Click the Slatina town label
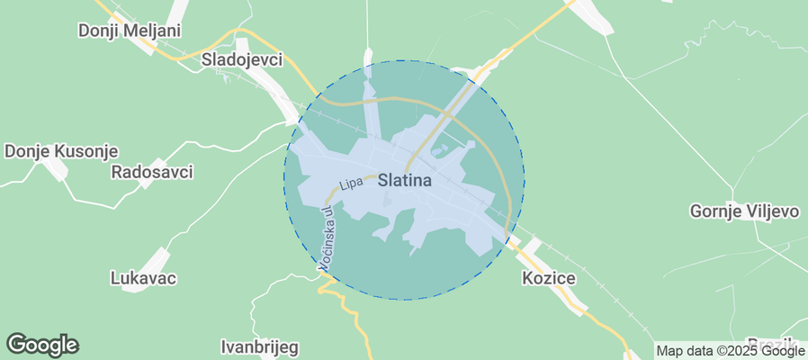point(405,180)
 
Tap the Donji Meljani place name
point(130,31)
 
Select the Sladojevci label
point(241,60)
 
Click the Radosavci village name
point(152,171)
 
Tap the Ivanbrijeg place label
point(259,346)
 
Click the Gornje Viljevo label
point(744,211)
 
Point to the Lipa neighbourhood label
point(351,184)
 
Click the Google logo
point(42,344)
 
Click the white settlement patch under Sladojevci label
point(270,90)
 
